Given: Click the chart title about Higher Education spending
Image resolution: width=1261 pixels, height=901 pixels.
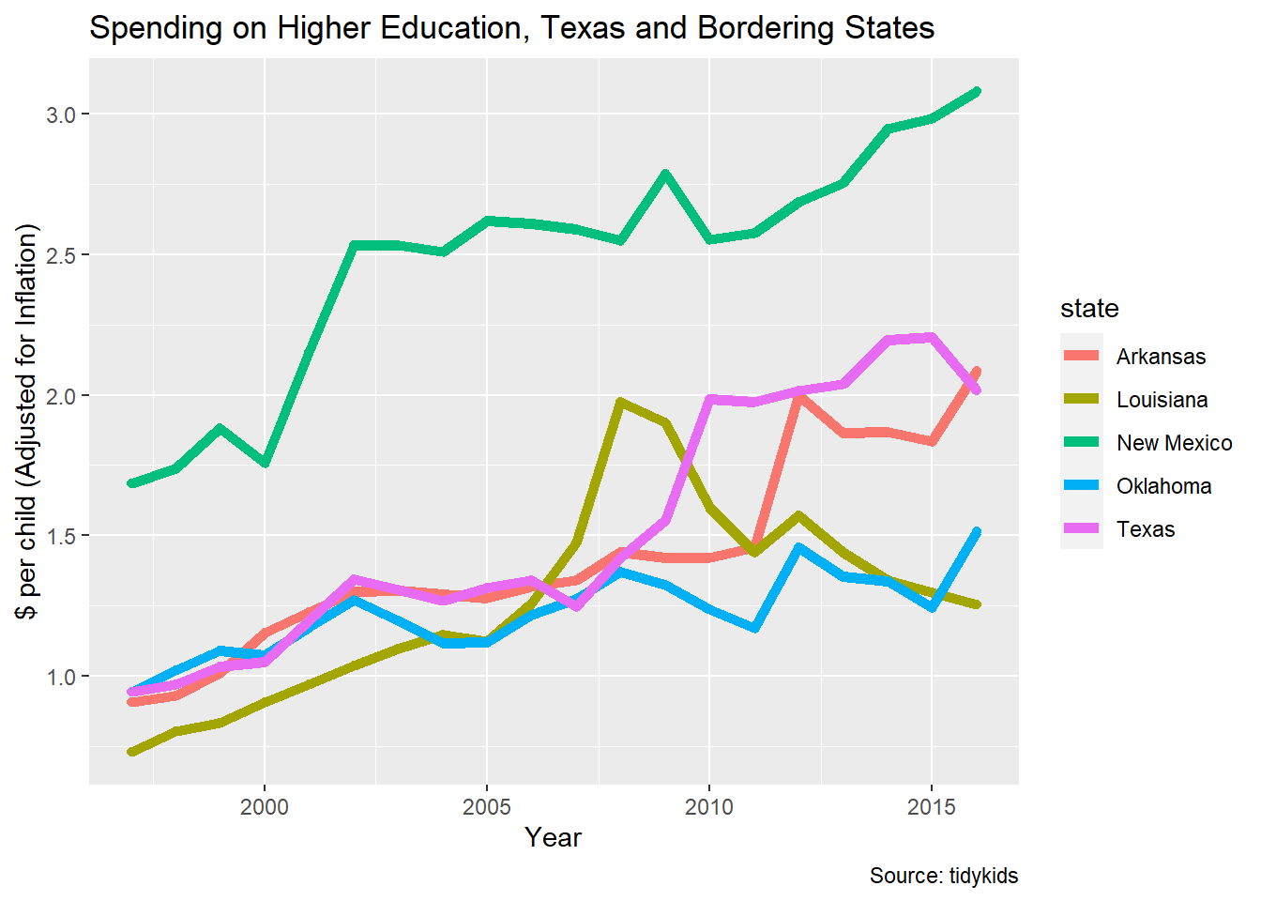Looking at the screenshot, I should point(511,28).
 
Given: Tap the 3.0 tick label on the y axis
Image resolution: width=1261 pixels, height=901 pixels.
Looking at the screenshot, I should point(61,115).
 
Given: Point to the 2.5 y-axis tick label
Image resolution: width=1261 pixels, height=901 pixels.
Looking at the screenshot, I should point(61,255).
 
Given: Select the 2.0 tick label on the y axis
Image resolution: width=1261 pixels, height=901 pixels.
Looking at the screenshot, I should point(61,395).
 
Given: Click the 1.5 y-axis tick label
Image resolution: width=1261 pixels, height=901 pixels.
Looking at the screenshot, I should point(61,536).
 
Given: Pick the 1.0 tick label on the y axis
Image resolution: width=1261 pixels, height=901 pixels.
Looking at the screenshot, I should point(61,677).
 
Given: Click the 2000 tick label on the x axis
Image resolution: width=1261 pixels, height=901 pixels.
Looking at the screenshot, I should point(265,807).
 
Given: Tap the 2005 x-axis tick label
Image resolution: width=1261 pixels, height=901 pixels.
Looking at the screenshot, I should point(487,807).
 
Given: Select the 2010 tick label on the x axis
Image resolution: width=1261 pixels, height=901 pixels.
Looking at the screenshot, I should point(709,807).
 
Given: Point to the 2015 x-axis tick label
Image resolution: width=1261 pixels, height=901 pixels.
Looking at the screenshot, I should point(932,807).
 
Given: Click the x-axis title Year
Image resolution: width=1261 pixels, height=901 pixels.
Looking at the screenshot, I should point(553,838).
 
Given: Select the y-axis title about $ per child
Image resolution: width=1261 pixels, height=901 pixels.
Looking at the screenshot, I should point(28,421).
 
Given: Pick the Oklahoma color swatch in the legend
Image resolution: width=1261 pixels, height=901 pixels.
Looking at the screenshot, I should point(1082,486).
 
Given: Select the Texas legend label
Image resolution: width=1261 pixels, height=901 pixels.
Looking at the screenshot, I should point(1146,529).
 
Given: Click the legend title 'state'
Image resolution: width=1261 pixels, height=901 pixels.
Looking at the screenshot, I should point(1089,309).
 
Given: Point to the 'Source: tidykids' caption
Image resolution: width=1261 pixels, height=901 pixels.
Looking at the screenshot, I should point(943,876).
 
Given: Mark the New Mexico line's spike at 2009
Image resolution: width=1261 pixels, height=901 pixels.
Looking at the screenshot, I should point(665,174).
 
